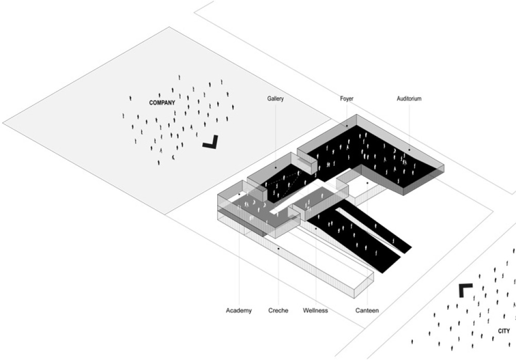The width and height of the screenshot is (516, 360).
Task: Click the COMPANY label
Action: pos(162,103)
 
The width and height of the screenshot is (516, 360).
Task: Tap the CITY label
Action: pos(504,331)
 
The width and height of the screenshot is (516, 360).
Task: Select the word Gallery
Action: pos(276,99)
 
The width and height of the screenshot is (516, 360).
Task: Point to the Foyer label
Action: pos(346,99)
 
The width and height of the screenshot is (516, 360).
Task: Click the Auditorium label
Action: pos(409,99)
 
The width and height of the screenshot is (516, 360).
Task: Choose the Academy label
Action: pos(239,310)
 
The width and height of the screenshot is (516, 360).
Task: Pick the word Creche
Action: pos(278,310)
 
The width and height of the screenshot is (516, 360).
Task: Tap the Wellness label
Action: pos(315,310)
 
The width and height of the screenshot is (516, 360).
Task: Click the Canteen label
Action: pos(367,310)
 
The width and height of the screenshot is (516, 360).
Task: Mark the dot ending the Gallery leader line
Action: pos(276,168)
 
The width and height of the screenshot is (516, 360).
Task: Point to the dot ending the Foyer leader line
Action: pos(347,126)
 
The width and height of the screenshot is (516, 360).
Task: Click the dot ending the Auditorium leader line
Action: pos(409,150)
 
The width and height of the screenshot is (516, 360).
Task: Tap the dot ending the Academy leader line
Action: pos(239,194)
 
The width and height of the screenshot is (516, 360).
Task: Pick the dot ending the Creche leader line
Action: pos(279,248)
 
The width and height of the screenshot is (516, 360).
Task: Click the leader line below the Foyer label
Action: pos(347,114)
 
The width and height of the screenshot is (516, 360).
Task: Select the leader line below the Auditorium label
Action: pos(409,124)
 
